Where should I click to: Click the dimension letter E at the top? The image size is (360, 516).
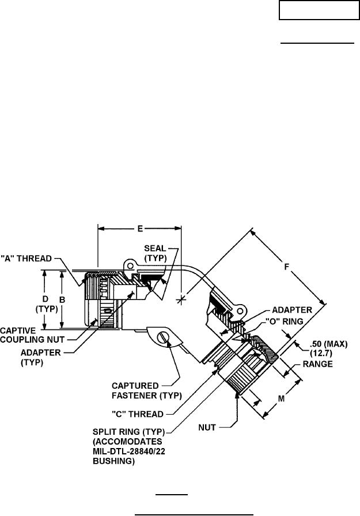tap(140, 229)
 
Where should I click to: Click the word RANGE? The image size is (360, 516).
tap(318, 364)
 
